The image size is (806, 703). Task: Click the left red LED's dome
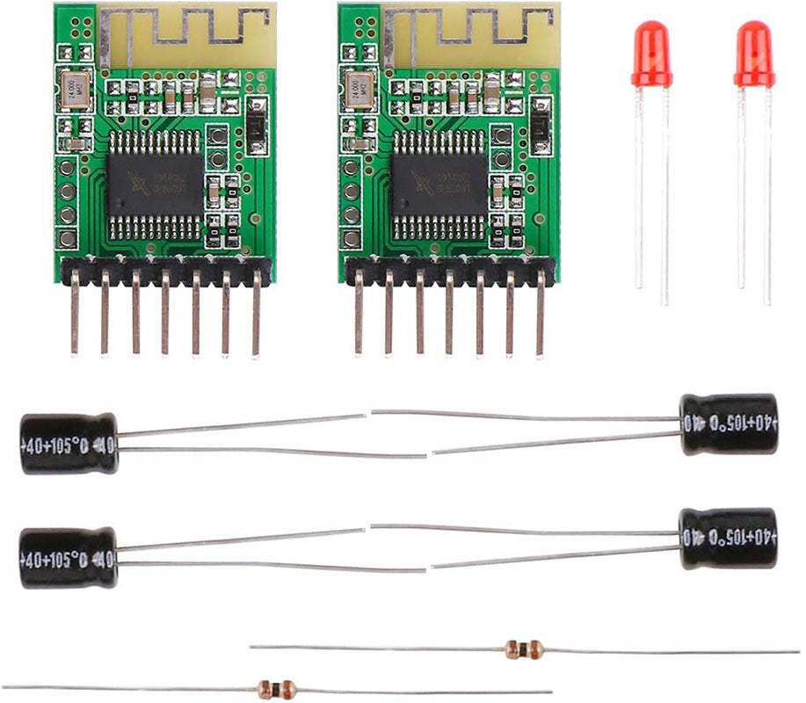(651, 53)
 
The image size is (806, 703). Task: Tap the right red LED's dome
(754, 53)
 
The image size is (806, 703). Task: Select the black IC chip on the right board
(439, 185)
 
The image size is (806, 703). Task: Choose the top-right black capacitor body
(729, 424)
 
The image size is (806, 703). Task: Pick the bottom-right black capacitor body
(729, 538)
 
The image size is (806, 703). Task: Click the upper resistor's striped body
(524, 649)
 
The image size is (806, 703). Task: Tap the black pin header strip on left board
(165, 270)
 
